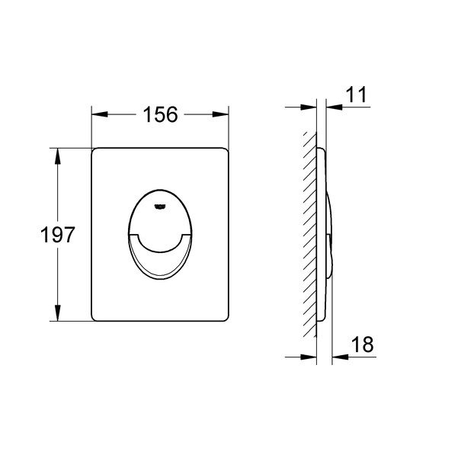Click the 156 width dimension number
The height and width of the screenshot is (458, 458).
(x=160, y=114)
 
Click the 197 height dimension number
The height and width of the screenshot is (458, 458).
(x=58, y=235)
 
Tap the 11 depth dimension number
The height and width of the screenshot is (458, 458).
(x=356, y=94)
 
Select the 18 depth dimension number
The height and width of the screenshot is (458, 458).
(x=363, y=344)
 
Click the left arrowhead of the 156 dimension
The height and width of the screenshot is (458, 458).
(x=100, y=114)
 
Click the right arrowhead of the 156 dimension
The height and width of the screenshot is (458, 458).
(x=220, y=114)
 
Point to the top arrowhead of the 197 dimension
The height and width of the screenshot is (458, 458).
(x=58, y=156)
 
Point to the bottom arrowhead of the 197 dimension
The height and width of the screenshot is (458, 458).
(x=58, y=313)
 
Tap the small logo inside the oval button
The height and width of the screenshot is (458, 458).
(x=160, y=207)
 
